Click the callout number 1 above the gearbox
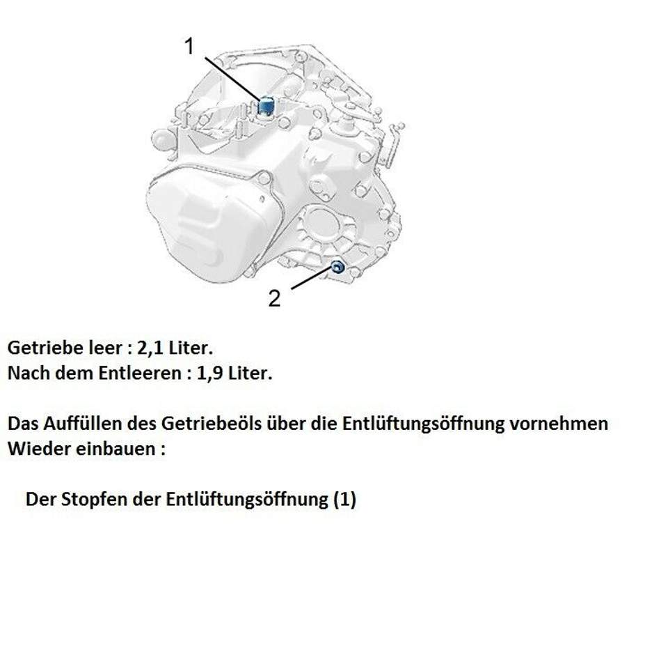[x=189, y=46]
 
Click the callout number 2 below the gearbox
[x=274, y=298]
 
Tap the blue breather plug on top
[x=267, y=105]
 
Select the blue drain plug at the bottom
[x=337, y=268]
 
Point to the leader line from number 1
[x=232, y=79]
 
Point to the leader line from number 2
[x=312, y=278]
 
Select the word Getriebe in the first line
[x=46, y=348]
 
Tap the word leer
[x=105, y=348]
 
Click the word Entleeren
[x=140, y=373]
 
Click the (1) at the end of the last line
[x=344, y=500]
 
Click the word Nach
[x=26, y=373]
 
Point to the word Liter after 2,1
[x=191, y=348]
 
